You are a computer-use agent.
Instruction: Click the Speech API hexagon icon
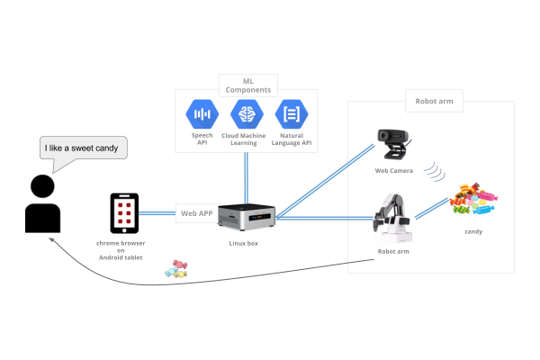[x=202, y=114]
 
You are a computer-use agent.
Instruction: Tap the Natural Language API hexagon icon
[x=292, y=114]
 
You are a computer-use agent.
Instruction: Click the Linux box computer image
[x=245, y=217]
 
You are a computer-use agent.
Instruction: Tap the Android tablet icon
[x=127, y=213]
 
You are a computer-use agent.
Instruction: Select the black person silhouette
[x=41, y=204]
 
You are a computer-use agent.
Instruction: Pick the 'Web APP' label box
[x=197, y=213]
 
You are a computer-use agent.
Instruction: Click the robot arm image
[x=393, y=217]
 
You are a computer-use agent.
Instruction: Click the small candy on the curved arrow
[x=175, y=268]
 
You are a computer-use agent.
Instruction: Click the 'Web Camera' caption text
[x=393, y=169]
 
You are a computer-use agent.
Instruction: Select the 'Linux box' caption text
[x=244, y=243]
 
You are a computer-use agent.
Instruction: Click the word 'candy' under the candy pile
[x=473, y=232]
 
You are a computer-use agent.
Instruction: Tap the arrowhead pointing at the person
[x=52, y=239]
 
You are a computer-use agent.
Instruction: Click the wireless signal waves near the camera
[x=435, y=170]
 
